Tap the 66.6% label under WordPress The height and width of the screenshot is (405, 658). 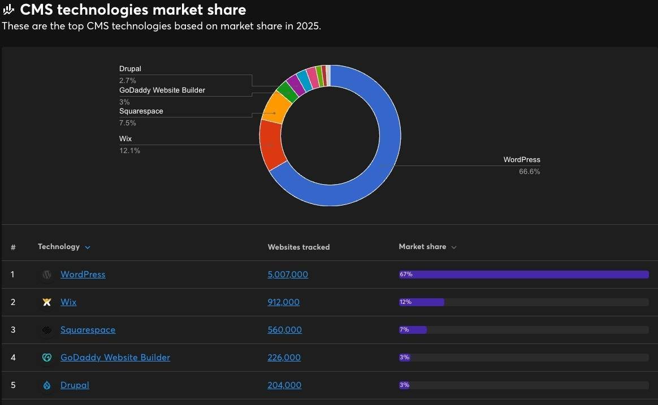(529, 172)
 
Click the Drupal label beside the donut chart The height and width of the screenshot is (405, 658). (130, 69)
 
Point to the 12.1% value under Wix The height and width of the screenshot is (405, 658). (129, 151)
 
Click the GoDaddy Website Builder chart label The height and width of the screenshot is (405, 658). (162, 90)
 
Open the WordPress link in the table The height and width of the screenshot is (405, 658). (83, 275)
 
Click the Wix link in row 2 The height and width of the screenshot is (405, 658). (68, 302)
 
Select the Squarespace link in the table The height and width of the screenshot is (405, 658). (88, 330)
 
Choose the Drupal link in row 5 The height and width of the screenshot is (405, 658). (75, 385)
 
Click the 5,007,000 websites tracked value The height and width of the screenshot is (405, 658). (288, 275)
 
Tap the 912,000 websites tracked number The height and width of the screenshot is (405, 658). (283, 302)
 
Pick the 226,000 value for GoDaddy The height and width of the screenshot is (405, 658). (284, 358)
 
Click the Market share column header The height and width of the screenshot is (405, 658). (423, 247)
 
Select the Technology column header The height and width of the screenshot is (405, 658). (59, 247)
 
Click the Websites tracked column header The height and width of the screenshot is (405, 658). (298, 247)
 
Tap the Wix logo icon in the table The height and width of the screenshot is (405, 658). (47, 302)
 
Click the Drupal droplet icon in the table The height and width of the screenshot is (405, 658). (47, 385)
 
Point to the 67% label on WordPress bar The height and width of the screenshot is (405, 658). (406, 275)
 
